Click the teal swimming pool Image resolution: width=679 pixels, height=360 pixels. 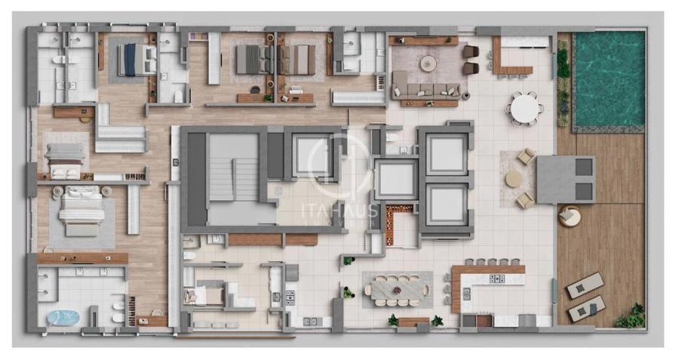(x=610, y=78)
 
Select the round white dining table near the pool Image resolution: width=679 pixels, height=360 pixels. (x=524, y=109)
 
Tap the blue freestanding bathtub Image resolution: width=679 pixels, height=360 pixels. (x=63, y=318)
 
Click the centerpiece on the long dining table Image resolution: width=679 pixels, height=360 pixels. (x=396, y=289)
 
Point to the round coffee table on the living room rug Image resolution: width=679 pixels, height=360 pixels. (x=429, y=63)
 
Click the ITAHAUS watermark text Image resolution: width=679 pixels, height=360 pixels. (x=339, y=211)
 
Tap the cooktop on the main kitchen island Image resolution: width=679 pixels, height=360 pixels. (x=496, y=278)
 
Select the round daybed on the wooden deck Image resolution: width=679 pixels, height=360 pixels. (x=569, y=216)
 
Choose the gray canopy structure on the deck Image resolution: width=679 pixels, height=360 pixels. (x=566, y=180)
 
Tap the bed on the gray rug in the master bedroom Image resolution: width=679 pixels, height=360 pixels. (x=81, y=212)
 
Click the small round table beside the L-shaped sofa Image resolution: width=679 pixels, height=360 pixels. (x=466, y=95)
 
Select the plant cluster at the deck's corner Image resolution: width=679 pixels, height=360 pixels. (x=631, y=316)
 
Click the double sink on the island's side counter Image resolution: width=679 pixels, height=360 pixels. (x=467, y=294)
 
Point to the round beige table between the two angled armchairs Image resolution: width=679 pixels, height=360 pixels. (x=514, y=179)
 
